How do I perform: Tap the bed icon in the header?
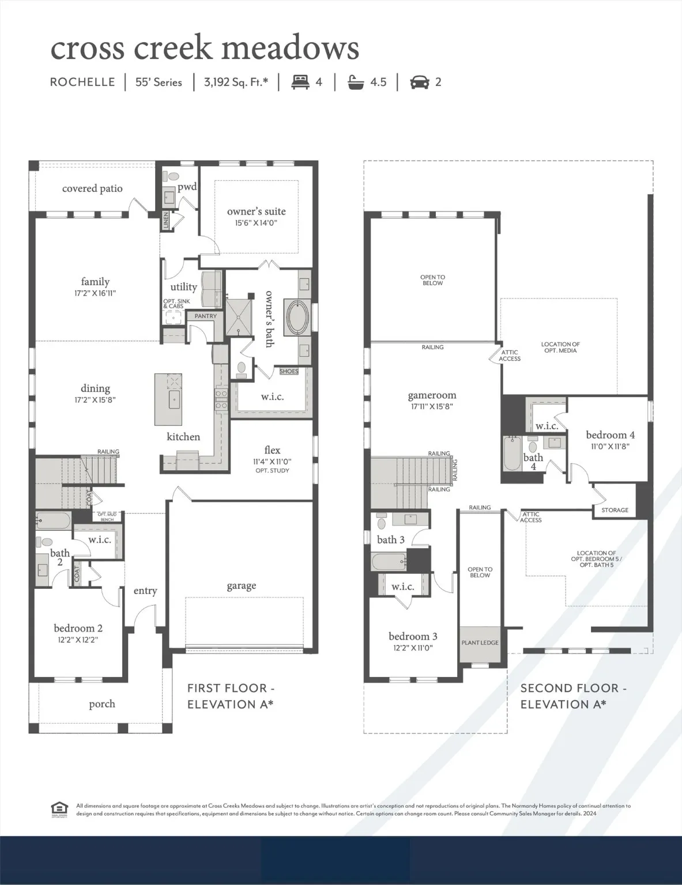coord(300,82)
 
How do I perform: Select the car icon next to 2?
coord(420,82)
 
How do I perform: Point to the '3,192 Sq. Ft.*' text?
coord(236,82)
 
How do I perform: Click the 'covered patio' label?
coord(92,188)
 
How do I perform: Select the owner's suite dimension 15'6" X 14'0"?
coord(257,222)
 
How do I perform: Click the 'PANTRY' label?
coord(206,316)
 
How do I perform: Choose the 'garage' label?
coord(241,585)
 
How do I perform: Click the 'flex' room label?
coord(272,450)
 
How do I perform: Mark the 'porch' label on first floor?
coord(102,704)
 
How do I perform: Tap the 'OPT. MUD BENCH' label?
coord(107,517)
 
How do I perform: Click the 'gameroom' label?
coord(432,395)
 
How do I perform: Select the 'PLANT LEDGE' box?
coord(480,642)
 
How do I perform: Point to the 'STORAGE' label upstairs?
coord(615,510)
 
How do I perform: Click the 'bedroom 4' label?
coord(610,435)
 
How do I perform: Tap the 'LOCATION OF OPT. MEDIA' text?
coord(560,347)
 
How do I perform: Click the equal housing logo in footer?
coord(59,809)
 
